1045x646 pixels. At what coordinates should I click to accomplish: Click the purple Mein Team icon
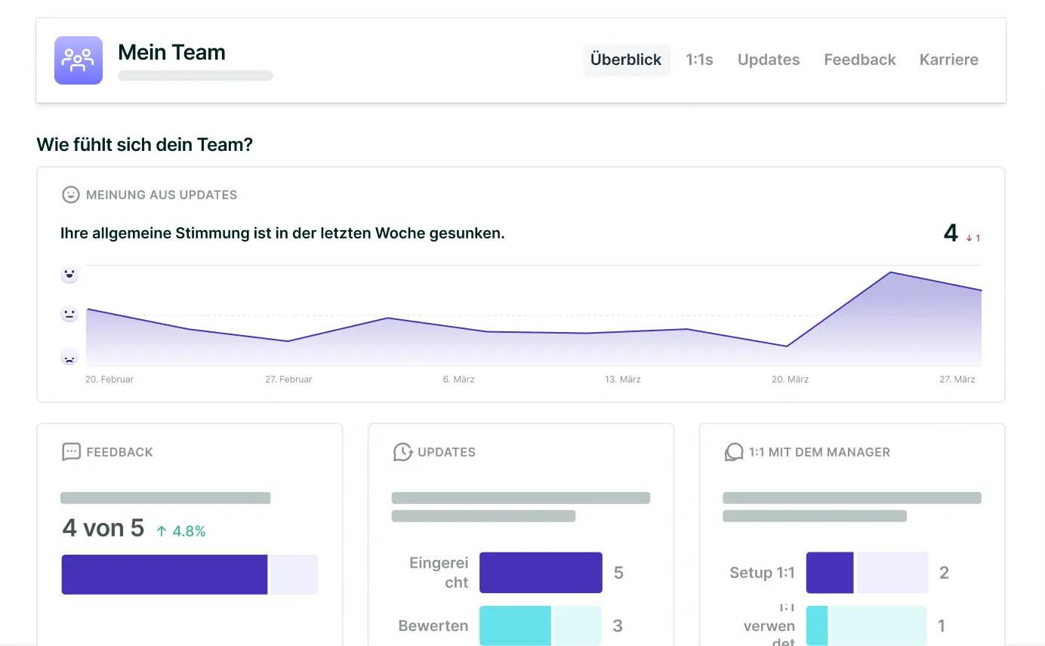tap(79, 60)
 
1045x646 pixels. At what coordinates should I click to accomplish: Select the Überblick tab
tap(626, 60)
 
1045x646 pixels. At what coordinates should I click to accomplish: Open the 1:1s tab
tap(699, 60)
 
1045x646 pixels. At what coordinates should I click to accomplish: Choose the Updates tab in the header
tap(768, 60)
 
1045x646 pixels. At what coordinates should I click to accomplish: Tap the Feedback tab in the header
tap(859, 60)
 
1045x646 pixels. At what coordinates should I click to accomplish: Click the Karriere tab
tap(948, 60)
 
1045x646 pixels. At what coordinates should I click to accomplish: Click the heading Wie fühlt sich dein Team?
tap(144, 144)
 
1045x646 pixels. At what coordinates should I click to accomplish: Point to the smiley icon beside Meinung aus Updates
tap(70, 195)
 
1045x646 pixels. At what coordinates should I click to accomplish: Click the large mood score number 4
tap(951, 233)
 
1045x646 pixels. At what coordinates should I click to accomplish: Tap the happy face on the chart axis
tap(69, 275)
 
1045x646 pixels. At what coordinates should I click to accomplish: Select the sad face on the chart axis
tap(69, 356)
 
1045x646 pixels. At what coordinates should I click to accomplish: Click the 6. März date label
tap(458, 379)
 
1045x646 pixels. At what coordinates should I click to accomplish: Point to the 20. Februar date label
tap(109, 379)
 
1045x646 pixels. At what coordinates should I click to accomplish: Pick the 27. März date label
tap(957, 379)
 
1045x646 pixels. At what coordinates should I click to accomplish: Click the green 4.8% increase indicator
tap(181, 531)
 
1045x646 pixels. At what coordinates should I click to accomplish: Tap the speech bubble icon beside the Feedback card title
tap(71, 452)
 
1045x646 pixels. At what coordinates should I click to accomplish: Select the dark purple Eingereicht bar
tap(541, 573)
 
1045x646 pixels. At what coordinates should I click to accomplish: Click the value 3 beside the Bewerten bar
tap(618, 626)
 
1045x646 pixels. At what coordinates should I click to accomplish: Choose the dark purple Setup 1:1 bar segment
tap(830, 573)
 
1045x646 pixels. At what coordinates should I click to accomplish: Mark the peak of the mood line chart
tap(891, 272)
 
